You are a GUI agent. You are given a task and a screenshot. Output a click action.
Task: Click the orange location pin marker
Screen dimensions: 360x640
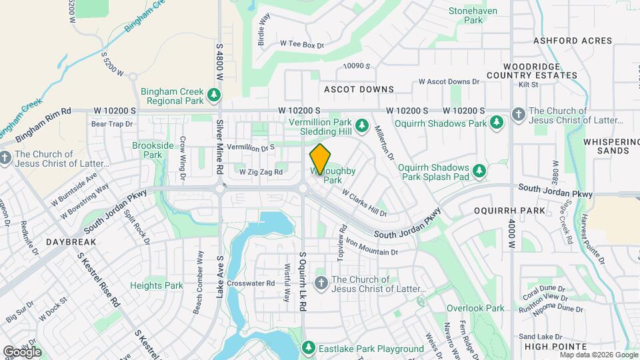click(x=320, y=159)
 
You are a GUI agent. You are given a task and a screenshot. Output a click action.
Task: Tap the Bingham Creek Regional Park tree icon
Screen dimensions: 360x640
click(x=214, y=95)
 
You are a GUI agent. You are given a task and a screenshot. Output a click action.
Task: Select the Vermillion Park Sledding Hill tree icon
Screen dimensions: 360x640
click(x=361, y=125)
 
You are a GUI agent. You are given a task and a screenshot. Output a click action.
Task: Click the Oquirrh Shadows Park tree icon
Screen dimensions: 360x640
click(x=496, y=123)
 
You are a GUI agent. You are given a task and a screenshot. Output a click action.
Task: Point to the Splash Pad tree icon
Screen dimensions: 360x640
click(x=479, y=172)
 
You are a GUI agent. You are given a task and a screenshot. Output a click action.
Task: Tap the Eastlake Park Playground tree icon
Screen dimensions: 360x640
click(x=308, y=348)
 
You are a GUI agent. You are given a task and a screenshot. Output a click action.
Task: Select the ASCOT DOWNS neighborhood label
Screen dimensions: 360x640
click(x=359, y=89)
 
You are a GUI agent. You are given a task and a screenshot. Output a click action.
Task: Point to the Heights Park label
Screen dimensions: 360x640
click(x=156, y=285)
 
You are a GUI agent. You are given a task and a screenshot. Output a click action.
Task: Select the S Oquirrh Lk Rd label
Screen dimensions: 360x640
click(x=303, y=281)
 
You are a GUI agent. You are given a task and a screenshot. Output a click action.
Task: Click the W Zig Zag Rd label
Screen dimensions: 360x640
click(x=261, y=172)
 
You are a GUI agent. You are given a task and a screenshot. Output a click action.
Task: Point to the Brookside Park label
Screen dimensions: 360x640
click(x=147, y=150)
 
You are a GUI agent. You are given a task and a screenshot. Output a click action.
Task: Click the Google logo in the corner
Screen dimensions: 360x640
click(x=22, y=351)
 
